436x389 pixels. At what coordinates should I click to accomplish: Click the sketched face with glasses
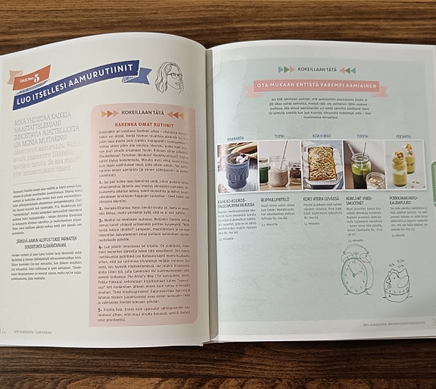pos(168,77)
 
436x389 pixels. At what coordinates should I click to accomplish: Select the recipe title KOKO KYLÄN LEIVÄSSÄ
pos(318,199)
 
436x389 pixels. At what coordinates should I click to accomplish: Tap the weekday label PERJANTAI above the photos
pos(403,137)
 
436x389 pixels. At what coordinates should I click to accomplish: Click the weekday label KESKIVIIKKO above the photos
pos(322,137)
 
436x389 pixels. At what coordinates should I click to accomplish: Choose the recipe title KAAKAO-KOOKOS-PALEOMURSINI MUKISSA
pos(236,201)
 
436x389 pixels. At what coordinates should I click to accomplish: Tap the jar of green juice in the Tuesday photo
pos(264,170)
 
